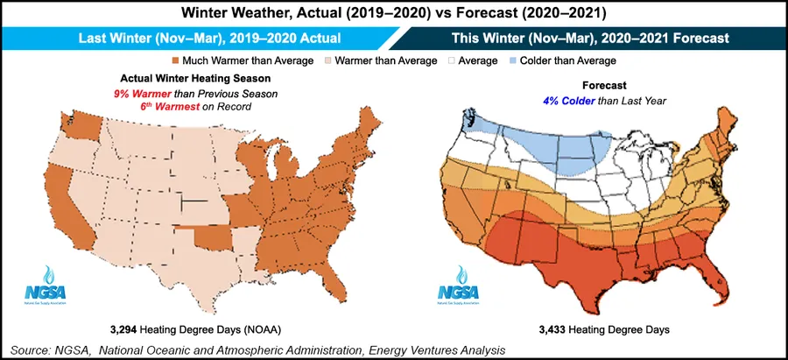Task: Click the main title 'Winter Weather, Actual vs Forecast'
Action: point(394,14)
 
